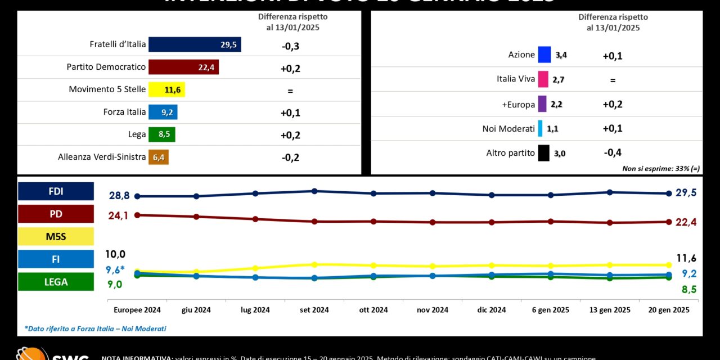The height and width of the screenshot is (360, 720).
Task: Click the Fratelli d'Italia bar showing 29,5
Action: [x=195, y=45]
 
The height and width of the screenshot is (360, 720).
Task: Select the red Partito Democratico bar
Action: [x=183, y=67]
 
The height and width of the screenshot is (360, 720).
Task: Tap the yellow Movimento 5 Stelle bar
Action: [x=166, y=89]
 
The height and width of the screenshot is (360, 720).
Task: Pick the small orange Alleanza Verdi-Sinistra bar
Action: [x=159, y=157]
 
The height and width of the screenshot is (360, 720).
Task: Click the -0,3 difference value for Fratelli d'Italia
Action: [x=290, y=46]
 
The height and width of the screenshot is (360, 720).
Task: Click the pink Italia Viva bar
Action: [x=543, y=79]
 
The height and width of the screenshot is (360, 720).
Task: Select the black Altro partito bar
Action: [x=543, y=153]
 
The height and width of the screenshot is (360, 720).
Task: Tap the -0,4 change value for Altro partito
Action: [x=612, y=152]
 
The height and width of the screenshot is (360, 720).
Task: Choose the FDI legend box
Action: [x=56, y=191]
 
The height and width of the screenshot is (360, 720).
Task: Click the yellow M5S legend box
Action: [x=56, y=237]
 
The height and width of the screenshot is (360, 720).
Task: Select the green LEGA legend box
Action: [x=56, y=282]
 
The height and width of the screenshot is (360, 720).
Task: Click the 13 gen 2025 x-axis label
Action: [x=610, y=310]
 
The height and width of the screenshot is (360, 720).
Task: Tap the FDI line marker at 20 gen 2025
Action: [x=669, y=193]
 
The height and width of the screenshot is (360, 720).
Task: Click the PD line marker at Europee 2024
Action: [x=137, y=215]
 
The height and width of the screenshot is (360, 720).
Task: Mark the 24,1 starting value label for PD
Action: [x=118, y=215]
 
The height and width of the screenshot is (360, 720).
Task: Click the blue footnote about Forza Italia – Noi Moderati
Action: [x=96, y=328]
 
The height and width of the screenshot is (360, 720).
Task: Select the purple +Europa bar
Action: [x=542, y=104]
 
